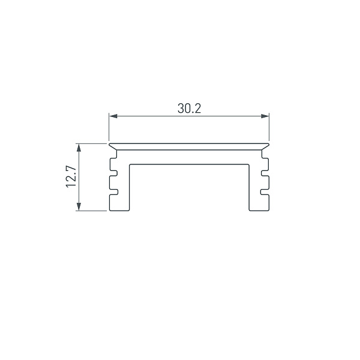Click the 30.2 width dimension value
[189, 109]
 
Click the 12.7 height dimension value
[71, 177]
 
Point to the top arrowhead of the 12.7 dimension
[79, 147]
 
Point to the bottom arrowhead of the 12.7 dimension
[79, 207]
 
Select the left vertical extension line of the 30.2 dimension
[109, 127]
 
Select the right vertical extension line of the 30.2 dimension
[269, 127]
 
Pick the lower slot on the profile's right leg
[263, 193]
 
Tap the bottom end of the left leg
[119, 210]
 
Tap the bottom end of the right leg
[259, 210]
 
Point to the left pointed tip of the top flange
[109, 144]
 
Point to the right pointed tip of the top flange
[268, 144]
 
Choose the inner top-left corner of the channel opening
[129, 163]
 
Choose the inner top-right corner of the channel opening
[249, 163]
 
